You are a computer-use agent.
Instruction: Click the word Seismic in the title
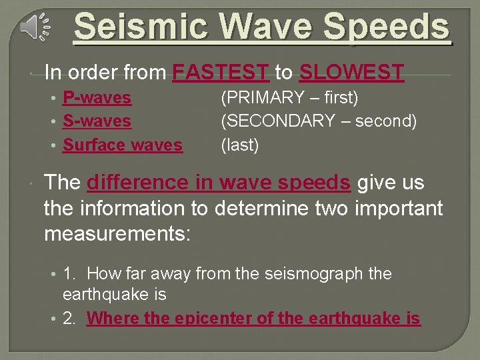[x=133, y=27]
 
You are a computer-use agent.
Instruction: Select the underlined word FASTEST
[x=221, y=71]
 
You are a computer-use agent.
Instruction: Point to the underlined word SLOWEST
[x=351, y=71]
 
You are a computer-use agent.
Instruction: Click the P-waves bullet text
[x=97, y=98]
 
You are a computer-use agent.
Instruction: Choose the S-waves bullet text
[x=97, y=121]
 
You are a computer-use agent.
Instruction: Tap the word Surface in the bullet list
[x=94, y=145]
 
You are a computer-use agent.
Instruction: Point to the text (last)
[x=240, y=145]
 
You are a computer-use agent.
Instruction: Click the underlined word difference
[x=137, y=182]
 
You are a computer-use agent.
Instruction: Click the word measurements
[x=117, y=235]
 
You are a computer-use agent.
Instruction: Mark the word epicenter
[x=213, y=319]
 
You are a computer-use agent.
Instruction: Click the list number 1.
[x=69, y=274]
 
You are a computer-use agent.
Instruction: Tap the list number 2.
[x=69, y=319]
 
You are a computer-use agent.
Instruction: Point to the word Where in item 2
[x=113, y=319]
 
